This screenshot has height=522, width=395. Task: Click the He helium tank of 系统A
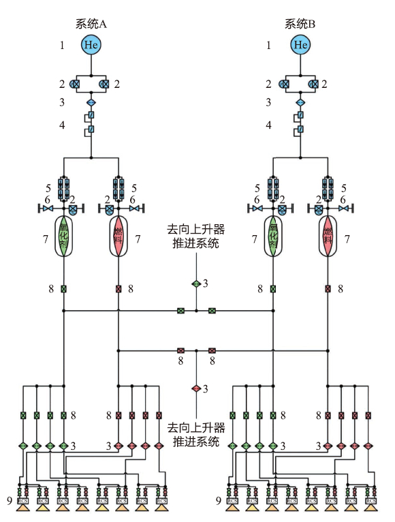click(x=91, y=45)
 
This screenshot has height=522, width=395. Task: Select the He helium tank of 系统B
click(x=300, y=45)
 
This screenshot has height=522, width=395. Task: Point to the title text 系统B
click(x=300, y=23)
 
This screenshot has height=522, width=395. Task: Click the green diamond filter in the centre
click(x=196, y=283)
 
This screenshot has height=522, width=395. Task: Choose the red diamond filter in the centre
click(x=196, y=388)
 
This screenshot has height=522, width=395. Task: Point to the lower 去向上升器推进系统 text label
click(x=196, y=434)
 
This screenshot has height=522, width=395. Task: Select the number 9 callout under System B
click(x=219, y=501)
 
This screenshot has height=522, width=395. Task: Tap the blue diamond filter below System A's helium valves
click(x=91, y=102)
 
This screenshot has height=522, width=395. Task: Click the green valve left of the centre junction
click(x=180, y=311)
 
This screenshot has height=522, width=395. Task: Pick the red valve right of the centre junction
click(x=212, y=351)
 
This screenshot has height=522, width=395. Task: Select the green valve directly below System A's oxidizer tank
click(x=64, y=289)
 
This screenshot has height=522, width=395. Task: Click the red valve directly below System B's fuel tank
click(x=328, y=289)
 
